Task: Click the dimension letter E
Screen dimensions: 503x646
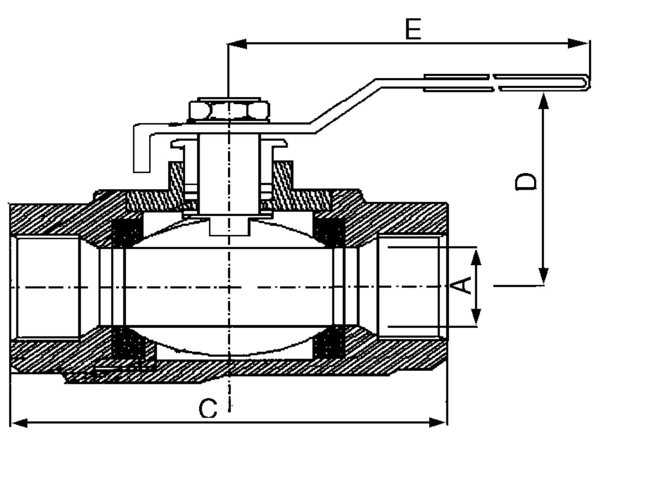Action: pos(413,29)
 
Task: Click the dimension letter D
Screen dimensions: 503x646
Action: pos(526,181)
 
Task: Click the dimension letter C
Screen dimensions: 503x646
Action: pos(208,408)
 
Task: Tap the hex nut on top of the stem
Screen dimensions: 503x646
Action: pos(229,111)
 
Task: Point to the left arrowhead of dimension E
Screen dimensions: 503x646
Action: pos(237,43)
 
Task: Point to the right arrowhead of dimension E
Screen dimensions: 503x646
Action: pos(578,43)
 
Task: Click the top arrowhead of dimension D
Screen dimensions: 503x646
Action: pos(544,102)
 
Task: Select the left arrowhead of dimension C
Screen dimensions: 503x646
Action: pos(19,422)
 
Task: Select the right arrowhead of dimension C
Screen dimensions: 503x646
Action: pos(438,422)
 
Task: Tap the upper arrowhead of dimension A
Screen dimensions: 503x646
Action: pos(476,258)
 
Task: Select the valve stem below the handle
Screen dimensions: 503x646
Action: pos(229,172)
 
